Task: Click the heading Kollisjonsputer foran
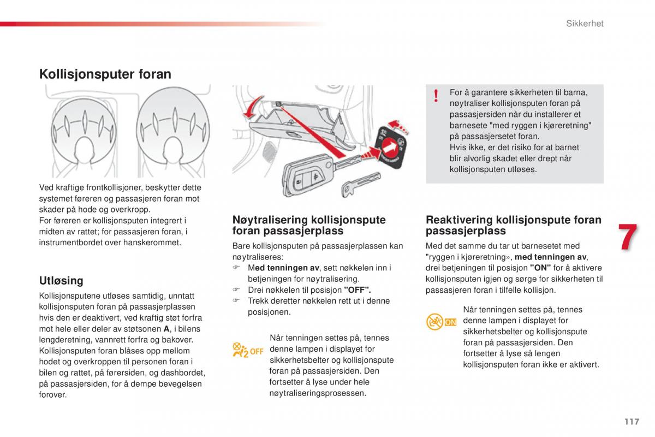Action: (105, 74)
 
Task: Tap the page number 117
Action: (632, 421)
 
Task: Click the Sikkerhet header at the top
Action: (584, 23)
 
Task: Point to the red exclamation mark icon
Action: (436, 97)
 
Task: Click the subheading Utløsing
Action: (61, 281)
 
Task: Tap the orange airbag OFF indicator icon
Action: (248, 350)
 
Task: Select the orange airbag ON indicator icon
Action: (442, 322)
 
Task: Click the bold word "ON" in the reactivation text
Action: (540, 268)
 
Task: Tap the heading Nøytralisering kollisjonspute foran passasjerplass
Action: (309, 225)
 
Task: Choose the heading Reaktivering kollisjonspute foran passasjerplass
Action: (513, 225)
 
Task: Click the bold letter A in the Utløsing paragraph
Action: (166, 329)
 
